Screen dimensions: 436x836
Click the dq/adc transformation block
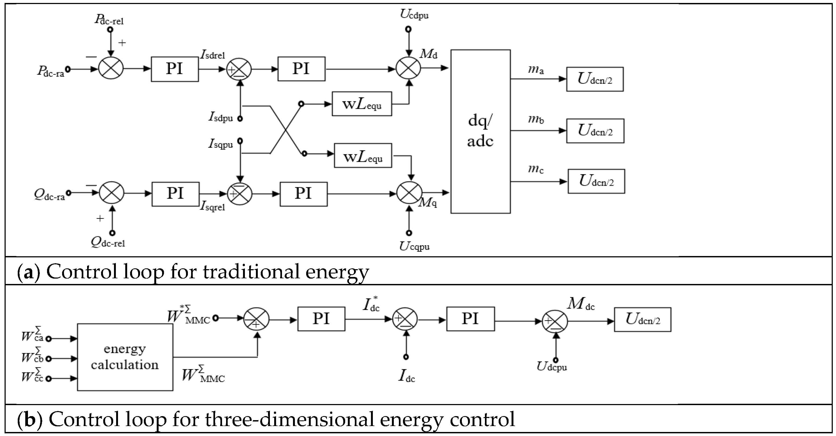480,131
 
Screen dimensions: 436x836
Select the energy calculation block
125,357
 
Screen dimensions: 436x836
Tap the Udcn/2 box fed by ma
595,79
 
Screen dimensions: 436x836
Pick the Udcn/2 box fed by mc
596,181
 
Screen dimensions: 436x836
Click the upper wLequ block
362,104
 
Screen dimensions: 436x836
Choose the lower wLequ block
363,156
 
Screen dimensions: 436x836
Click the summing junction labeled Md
408,68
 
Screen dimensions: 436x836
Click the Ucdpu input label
414,14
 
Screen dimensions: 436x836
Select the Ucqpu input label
414,247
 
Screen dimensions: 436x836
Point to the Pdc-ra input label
50,71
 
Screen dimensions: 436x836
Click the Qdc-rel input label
108,242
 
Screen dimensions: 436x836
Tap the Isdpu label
221,117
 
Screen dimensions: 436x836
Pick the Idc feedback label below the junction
406,376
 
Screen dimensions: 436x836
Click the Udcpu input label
552,367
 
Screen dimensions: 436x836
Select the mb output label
536,119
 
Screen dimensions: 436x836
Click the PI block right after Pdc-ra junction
175,69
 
